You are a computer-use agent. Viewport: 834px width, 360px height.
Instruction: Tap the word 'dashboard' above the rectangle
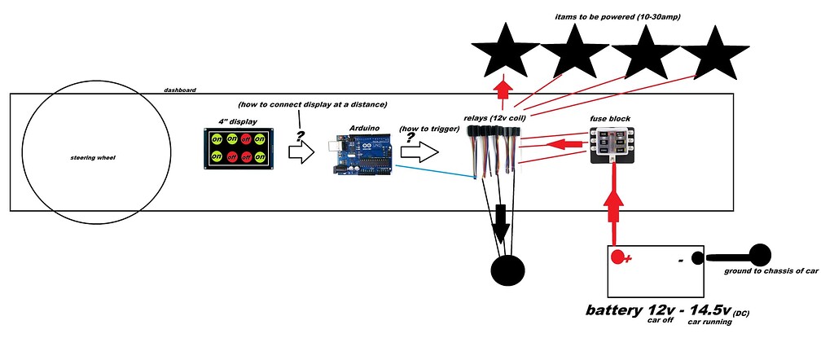tap(179, 90)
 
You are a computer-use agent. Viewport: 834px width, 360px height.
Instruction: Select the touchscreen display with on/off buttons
tap(239, 148)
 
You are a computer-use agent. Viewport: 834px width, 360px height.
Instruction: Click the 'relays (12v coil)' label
tap(499, 119)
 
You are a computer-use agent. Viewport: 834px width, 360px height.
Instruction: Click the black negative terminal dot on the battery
tap(697, 258)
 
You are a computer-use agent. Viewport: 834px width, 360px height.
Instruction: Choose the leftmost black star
tap(505, 53)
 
